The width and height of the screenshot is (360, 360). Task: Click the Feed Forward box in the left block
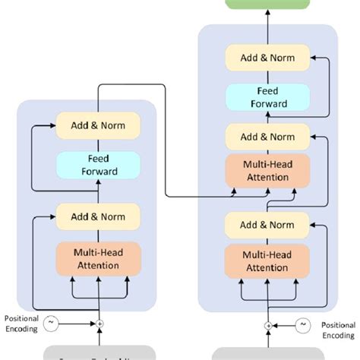[x=99, y=165]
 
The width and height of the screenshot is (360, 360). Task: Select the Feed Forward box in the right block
[x=267, y=97]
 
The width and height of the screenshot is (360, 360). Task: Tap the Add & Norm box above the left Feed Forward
[x=99, y=125]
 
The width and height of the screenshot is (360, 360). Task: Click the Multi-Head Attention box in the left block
[x=99, y=259]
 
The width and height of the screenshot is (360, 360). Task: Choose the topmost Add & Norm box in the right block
[x=267, y=57]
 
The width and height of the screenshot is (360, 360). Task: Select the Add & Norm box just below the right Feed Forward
[x=267, y=137]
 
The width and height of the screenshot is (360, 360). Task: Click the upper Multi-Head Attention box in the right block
[x=267, y=171]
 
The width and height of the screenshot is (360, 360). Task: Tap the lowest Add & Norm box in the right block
[x=267, y=225]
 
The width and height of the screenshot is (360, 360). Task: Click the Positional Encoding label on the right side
[x=337, y=330]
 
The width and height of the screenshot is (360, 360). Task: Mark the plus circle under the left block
[x=99, y=324]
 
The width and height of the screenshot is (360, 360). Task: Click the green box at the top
[x=267, y=3]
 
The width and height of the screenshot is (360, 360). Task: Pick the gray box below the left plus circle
[x=99, y=353]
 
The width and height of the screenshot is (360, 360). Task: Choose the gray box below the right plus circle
[x=267, y=354]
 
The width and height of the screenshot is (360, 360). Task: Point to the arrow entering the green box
[x=267, y=17]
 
